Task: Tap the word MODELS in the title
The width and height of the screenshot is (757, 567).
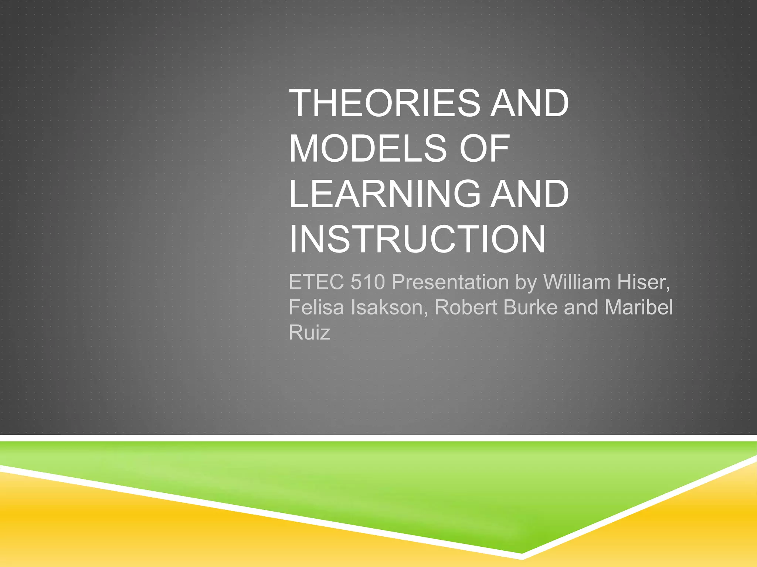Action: pos(368,148)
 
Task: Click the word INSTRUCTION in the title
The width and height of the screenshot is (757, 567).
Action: pos(417,239)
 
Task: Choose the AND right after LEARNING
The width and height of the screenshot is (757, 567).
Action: pos(529,194)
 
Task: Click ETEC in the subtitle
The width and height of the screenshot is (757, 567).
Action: pos(316,282)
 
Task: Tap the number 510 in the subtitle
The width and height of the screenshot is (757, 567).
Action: pos(368,282)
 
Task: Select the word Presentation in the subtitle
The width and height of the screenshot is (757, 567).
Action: pos(450,282)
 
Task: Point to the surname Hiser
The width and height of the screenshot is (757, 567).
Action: pos(643,282)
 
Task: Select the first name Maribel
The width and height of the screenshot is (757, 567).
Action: pos(639,307)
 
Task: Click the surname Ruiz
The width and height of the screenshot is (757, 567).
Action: pos(309,333)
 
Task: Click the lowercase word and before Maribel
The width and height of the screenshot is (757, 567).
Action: pos(581,307)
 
